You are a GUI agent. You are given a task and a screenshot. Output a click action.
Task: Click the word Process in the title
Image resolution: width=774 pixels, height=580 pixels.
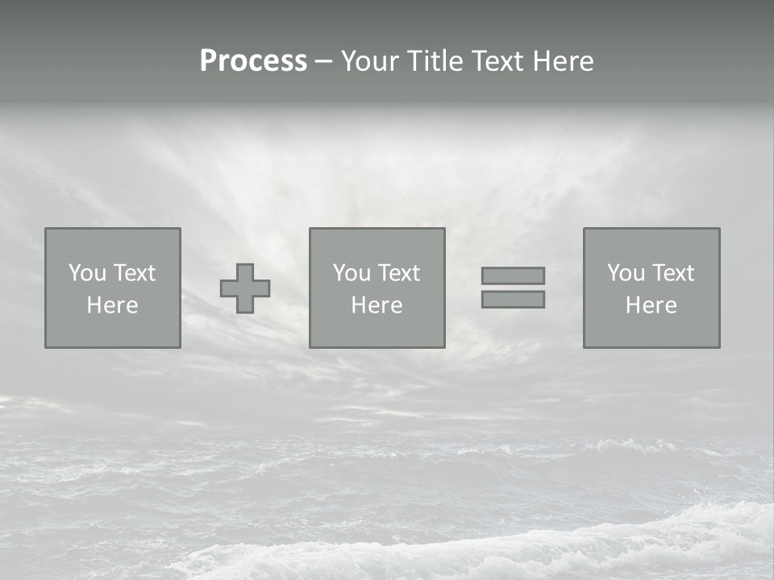tap(253, 61)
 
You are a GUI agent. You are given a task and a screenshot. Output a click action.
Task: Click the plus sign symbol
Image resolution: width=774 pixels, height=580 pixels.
tap(245, 288)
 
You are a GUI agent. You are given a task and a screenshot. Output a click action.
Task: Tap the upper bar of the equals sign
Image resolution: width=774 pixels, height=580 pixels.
tap(513, 275)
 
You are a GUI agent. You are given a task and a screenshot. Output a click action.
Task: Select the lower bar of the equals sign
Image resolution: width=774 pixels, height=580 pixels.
tap(513, 300)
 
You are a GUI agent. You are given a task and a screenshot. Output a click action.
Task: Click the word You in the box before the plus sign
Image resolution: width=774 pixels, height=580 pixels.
tap(87, 273)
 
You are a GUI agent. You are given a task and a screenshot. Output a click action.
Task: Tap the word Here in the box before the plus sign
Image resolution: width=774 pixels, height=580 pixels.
tap(113, 305)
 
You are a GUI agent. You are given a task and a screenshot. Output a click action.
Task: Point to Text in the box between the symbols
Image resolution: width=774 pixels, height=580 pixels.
tap(399, 273)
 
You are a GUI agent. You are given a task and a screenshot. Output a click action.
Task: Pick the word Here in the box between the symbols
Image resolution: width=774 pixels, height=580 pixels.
tap(377, 305)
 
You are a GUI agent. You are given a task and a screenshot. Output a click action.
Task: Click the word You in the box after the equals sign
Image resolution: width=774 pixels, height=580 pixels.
tap(626, 273)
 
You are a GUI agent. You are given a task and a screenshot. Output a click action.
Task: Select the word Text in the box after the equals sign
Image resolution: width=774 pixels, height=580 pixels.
tap(673, 273)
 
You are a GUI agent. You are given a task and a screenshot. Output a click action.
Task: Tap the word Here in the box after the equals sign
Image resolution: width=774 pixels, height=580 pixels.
tap(651, 305)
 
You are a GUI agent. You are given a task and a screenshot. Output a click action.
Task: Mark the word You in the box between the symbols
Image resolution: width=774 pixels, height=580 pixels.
tap(352, 273)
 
